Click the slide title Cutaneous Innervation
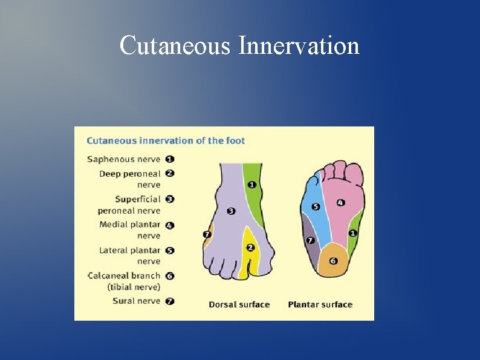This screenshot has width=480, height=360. pos(239,45)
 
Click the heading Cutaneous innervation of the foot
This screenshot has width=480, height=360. pos(166,141)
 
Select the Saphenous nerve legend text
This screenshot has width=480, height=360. pos(124,160)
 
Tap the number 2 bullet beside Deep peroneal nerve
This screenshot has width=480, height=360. pos(170,173)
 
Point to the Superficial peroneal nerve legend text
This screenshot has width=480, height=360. pos(129,205)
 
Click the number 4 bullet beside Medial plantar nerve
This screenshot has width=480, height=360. pos(170,225)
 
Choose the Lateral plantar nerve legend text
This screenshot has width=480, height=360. pos(129,255)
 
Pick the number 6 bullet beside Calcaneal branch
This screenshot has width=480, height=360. pos(170,276)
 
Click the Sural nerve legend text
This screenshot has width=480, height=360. pos(137,301)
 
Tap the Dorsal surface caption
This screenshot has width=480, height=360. pos(239,304)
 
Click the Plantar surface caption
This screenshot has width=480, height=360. pos(320,304)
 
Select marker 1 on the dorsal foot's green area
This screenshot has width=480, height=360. pos(251,185)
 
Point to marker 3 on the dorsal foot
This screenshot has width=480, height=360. pos(231,211)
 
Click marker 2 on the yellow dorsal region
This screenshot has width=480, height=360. pos(250,247)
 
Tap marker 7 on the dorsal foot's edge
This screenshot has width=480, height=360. pos(207,234)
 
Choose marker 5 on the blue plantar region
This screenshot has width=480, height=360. pos(316,206)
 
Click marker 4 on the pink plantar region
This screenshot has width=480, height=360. pos(340,203)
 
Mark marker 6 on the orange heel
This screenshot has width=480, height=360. pos(333,261)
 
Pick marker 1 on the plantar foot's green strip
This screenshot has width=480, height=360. pos(353,233)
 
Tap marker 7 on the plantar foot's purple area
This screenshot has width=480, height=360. pos(311,240)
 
